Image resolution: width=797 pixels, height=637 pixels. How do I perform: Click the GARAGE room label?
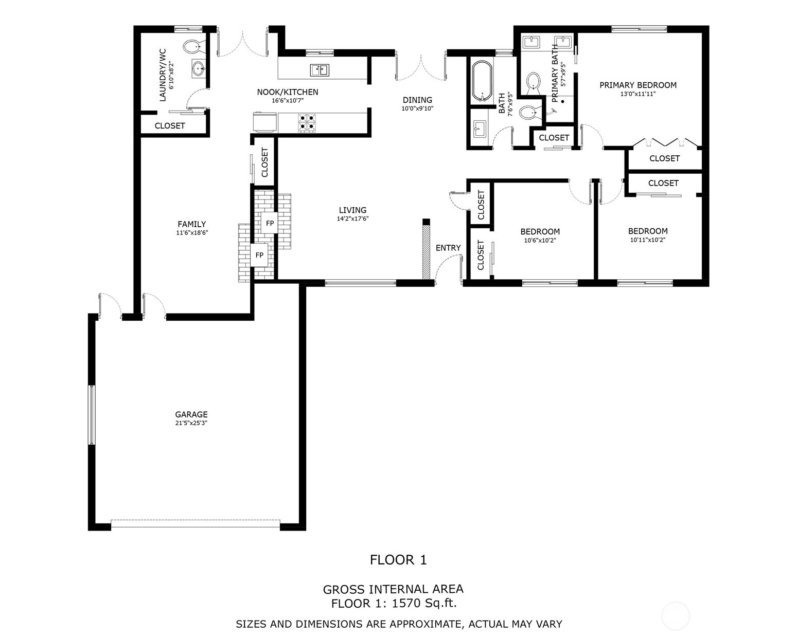(x=191, y=414)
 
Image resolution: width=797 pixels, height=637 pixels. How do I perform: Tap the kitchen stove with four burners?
(x=307, y=122)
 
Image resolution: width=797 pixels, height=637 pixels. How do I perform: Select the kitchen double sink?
(x=319, y=70)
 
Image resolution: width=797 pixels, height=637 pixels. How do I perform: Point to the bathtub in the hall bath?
(x=482, y=81)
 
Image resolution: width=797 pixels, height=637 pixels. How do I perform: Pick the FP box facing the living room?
(x=270, y=223)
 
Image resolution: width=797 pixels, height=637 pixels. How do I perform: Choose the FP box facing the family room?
(x=259, y=254)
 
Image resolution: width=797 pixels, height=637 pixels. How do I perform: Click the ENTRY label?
(x=448, y=248)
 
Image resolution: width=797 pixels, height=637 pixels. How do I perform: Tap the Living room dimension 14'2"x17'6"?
(x=352, y=219)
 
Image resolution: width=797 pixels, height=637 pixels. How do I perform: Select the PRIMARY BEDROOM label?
(x=637, y=85)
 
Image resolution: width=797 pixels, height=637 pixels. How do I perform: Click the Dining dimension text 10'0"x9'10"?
(x=417, y=108)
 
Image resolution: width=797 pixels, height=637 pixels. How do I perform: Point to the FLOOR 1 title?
(x=398, y=560)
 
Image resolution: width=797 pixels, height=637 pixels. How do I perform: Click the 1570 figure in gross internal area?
(x=406, y=603)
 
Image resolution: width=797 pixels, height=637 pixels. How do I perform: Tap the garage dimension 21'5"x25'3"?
(x=191, y=423)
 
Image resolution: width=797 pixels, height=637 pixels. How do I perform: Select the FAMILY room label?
(x=191, y=224)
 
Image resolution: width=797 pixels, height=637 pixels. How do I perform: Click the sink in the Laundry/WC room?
(x=199, y=68)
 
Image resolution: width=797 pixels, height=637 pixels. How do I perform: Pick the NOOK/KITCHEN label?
(x=288, y=92)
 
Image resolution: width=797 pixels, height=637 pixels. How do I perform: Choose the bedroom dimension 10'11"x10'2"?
(x=648, y=240)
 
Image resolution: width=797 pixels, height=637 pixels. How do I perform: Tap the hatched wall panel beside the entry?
(x=426, y=252)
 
